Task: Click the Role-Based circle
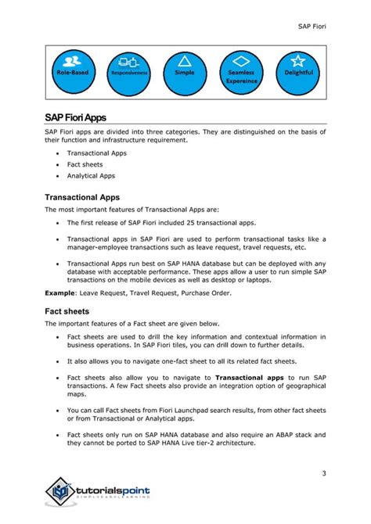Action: point(73,70)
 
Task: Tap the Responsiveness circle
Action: point(129,70)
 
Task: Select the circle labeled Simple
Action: point(185,70)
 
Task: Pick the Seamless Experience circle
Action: point(240,70)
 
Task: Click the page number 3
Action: point(322,473)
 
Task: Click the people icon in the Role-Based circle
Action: point(73,60)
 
